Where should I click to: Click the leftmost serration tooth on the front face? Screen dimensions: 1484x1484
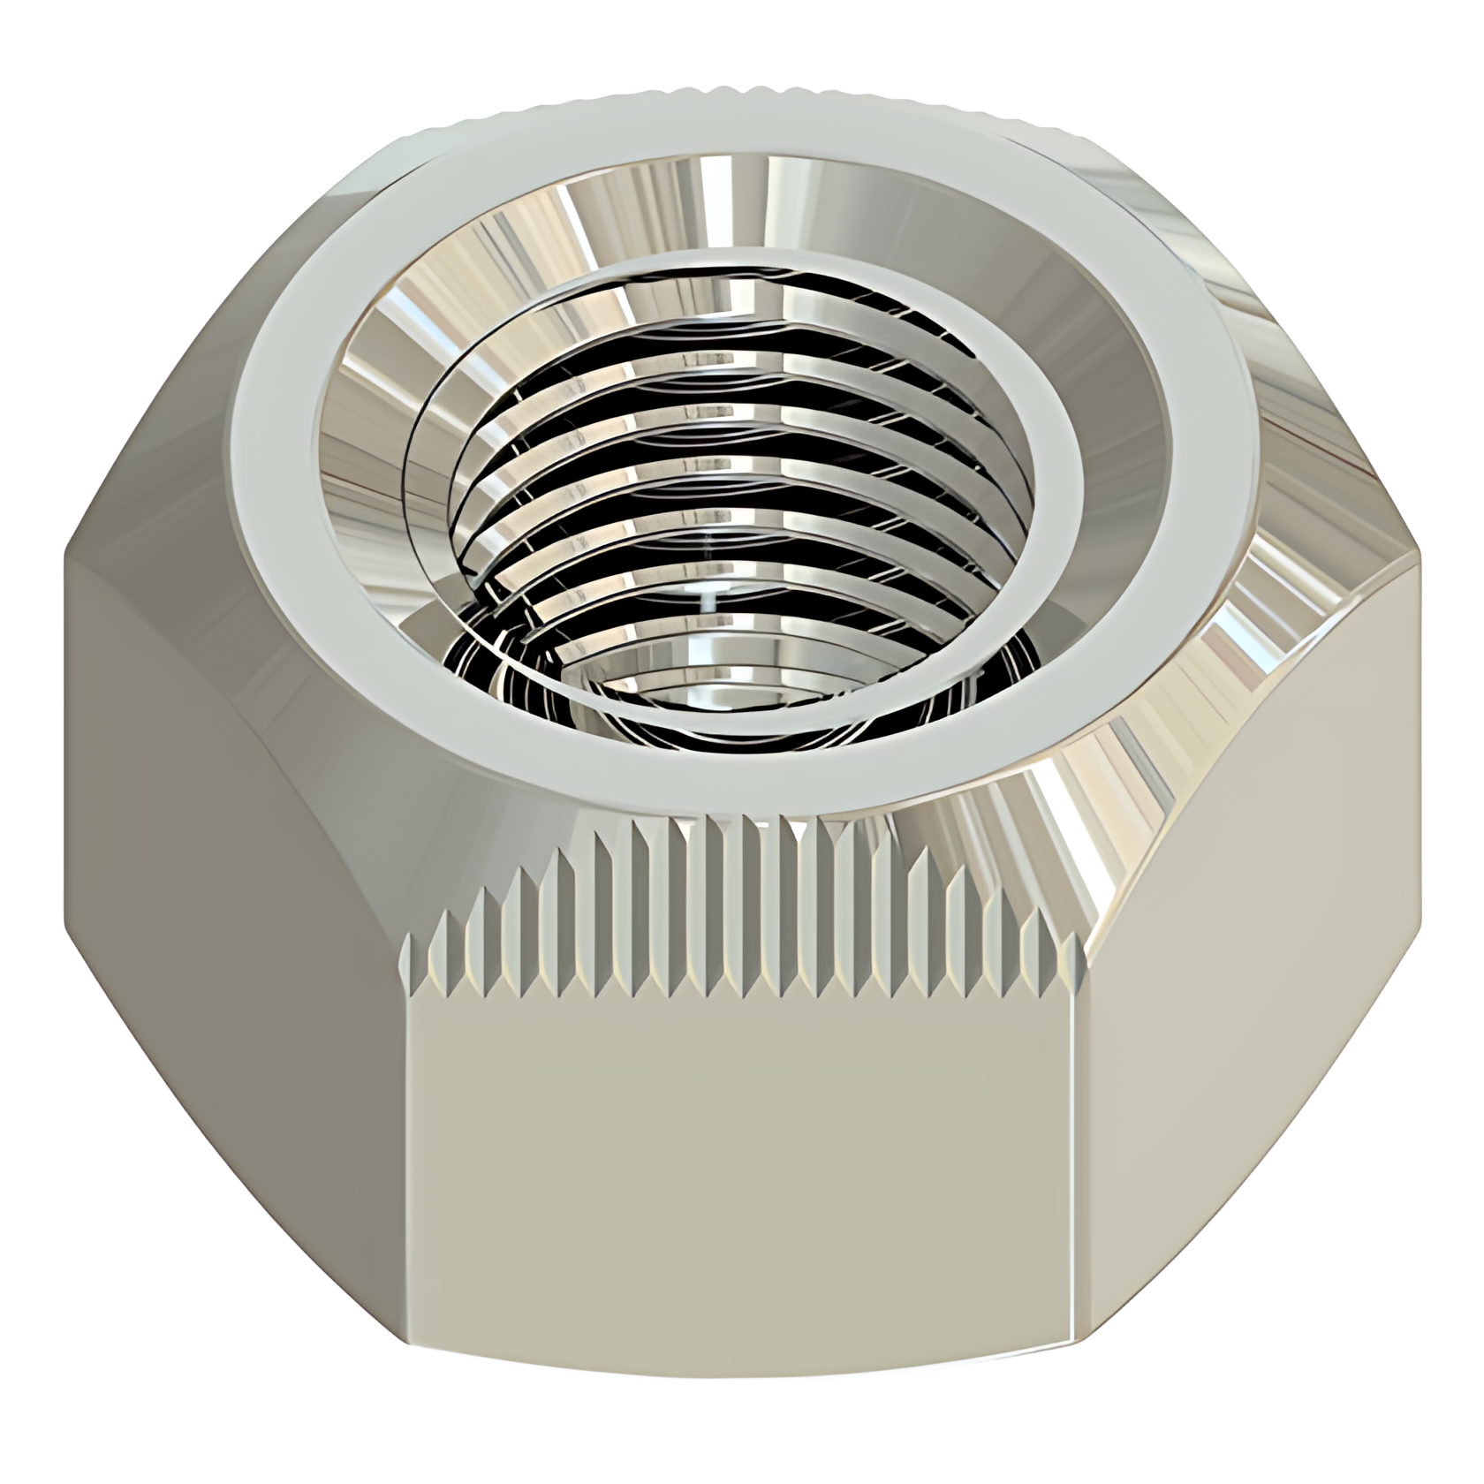pyautogui.click(x=408, y=963)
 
